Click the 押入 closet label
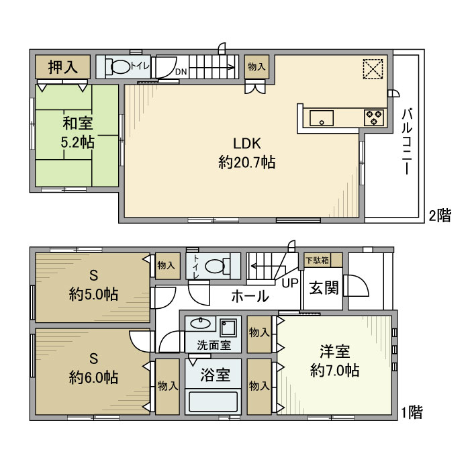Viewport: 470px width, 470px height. pyautogui.click(x=63, y=67)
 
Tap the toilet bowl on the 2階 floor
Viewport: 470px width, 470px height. pyautogui.click(x=120, y=66)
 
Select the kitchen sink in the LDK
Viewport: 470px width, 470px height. pyautogui.click(x=322, y=118)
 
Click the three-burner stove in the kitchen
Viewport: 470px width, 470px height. pyautogui.click(x=374, y=117)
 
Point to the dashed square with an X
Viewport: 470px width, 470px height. pyautogui.click(x=373, y=69)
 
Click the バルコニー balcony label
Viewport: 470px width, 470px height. pyautogui.click(x=407, y=142)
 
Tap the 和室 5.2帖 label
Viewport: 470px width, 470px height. pyautogui.click(x=78, y=132)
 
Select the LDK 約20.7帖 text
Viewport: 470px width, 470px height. pyautogui.click(x=247, y=153)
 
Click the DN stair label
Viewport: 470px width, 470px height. pyautogui.click(x=181, y=72)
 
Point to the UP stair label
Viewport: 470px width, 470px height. pyautogui.click(x=290, y=283)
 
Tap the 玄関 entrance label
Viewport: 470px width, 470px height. pyautogui.click(x=324, y=288)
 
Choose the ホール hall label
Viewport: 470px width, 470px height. pyautogui.click(x=250, y=296)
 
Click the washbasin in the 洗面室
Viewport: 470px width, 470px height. pyautogui.click(x=200, y=324)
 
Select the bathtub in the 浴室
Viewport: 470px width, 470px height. pyautogui.click(x=213, y=402)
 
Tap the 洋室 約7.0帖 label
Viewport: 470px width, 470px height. pyautogui.click(x=335, y=361)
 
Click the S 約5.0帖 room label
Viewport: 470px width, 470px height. pyautogui.click(x=93, y=285)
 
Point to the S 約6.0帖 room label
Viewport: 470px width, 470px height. pyautogui.click(x=93, y=368)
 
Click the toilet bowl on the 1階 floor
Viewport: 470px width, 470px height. pyautogui.click(x=216, y=266)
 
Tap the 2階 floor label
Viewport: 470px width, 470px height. pyautogui.click(x=440, y=216)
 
